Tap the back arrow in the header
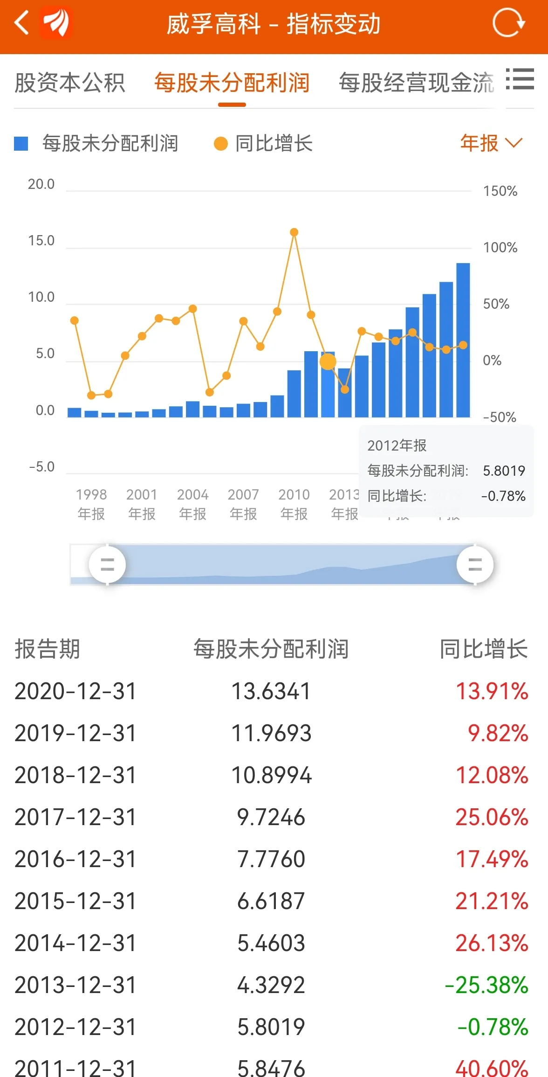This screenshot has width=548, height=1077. click(22, 23)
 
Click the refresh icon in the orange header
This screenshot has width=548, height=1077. click(508, 23)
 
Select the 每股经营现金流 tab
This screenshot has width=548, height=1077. click(416, 83)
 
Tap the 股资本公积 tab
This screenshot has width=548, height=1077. click(70, 83)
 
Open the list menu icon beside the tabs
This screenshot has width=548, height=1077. click(520, 79)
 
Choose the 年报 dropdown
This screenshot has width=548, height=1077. click(491, 143)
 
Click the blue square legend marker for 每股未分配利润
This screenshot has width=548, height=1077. click(21, 144)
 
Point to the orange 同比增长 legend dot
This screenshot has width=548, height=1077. click(220, 144)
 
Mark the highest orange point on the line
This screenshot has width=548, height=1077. click(294, 232)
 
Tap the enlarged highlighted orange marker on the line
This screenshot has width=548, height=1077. click(328, 361)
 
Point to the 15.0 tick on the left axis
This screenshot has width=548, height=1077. click(41, 241)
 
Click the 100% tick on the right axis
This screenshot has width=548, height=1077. click(500, 248)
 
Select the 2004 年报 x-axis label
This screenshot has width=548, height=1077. click(192, 504)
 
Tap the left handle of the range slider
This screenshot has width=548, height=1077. click(107, 564)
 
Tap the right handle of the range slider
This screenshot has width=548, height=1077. click(475, 564)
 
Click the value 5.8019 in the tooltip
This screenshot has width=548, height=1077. click(504, 471)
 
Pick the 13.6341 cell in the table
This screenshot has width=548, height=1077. click(271, 691)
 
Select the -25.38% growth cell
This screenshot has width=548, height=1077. click(486, 985)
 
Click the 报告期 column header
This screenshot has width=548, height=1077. click(48, 649)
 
